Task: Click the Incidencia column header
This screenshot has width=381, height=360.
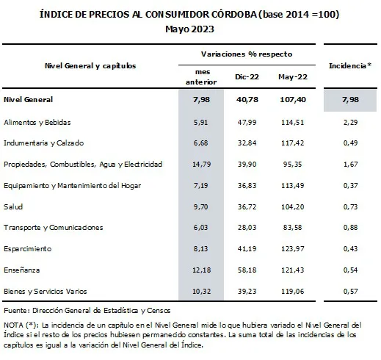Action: (x=350, y=65)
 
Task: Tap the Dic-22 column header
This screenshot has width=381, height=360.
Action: (x=247, y=77)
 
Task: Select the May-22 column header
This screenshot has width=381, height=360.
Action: (x=293, y=77)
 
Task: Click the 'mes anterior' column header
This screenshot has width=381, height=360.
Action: (x=201, y=77)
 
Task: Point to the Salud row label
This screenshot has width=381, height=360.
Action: (x=13, y=206)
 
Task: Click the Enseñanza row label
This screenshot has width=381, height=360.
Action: (x=22, y=270)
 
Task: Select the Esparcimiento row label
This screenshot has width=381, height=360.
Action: (x=28, y=249)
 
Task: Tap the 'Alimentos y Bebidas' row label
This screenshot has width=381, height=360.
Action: (x=37, y=122)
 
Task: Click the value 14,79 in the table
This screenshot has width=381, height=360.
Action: (x=201, y=164)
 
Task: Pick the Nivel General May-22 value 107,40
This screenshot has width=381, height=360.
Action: (x=293, y=99)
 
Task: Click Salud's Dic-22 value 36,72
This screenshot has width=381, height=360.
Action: (x=247, y=206)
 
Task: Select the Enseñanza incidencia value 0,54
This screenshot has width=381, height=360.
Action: (x=350, y=270)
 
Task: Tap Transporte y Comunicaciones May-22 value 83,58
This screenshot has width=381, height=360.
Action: (x=293, y=228)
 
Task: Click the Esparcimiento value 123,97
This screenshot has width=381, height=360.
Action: (x=293, y=249)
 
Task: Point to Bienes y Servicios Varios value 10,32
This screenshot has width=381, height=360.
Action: (x=201, y=291)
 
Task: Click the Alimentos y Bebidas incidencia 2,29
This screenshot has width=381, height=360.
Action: (x=350, y=122)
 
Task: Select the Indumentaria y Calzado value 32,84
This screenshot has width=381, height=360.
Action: (x=247, y=143)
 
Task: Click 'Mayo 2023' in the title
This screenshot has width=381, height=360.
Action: (x=189, y=29)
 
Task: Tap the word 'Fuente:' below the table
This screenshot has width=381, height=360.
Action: (x=17, y=311)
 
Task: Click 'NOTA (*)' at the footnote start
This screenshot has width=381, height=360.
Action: (x=21, y=325)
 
